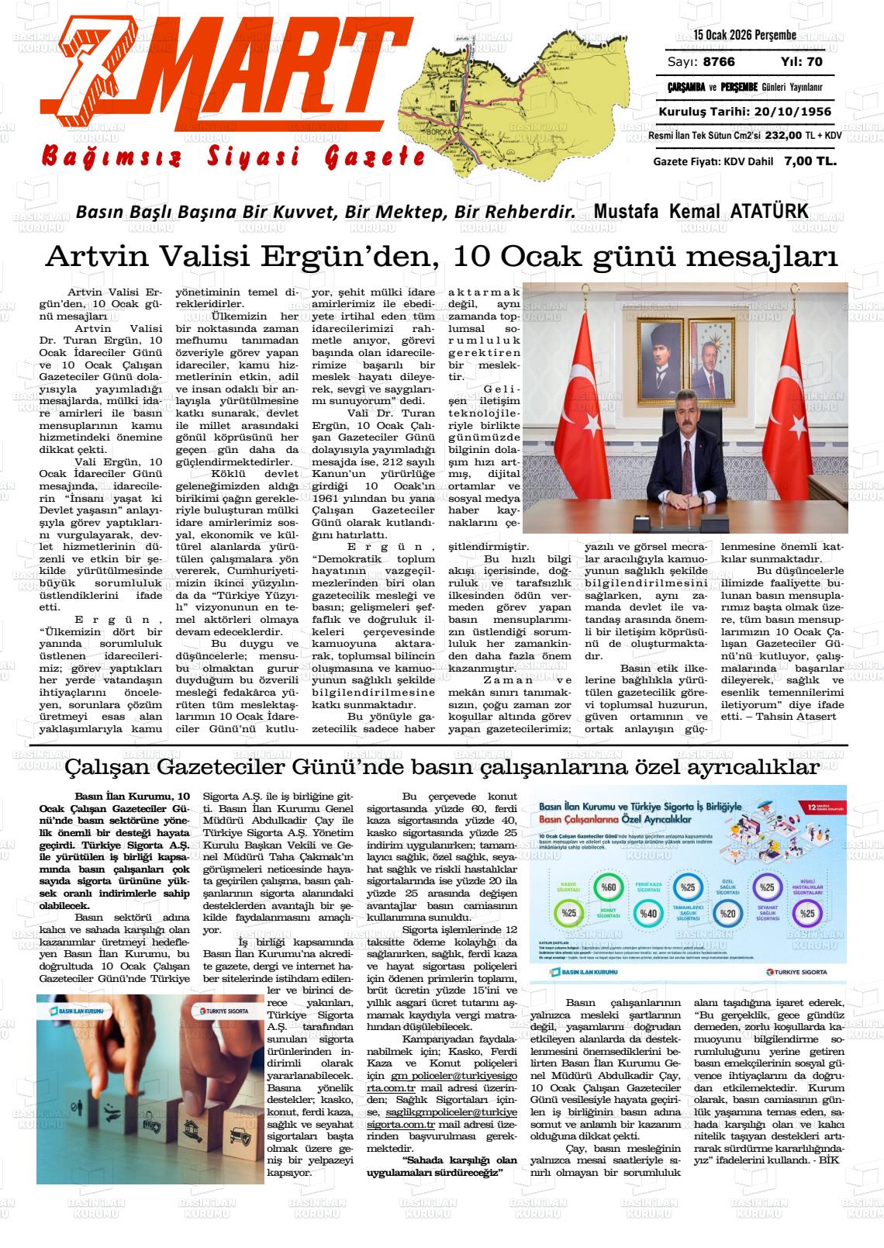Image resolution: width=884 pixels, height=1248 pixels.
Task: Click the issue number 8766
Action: pos(719,62)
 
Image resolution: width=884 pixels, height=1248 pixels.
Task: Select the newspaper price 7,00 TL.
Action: pos(810,161)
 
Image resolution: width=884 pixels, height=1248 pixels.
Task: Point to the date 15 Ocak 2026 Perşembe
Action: pos(745,35)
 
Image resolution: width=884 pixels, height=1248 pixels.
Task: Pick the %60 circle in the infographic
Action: pos(608,887)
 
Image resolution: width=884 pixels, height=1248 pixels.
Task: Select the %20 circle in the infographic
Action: pos(727,914)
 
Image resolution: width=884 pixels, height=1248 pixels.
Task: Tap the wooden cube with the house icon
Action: pos(192,1126)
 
